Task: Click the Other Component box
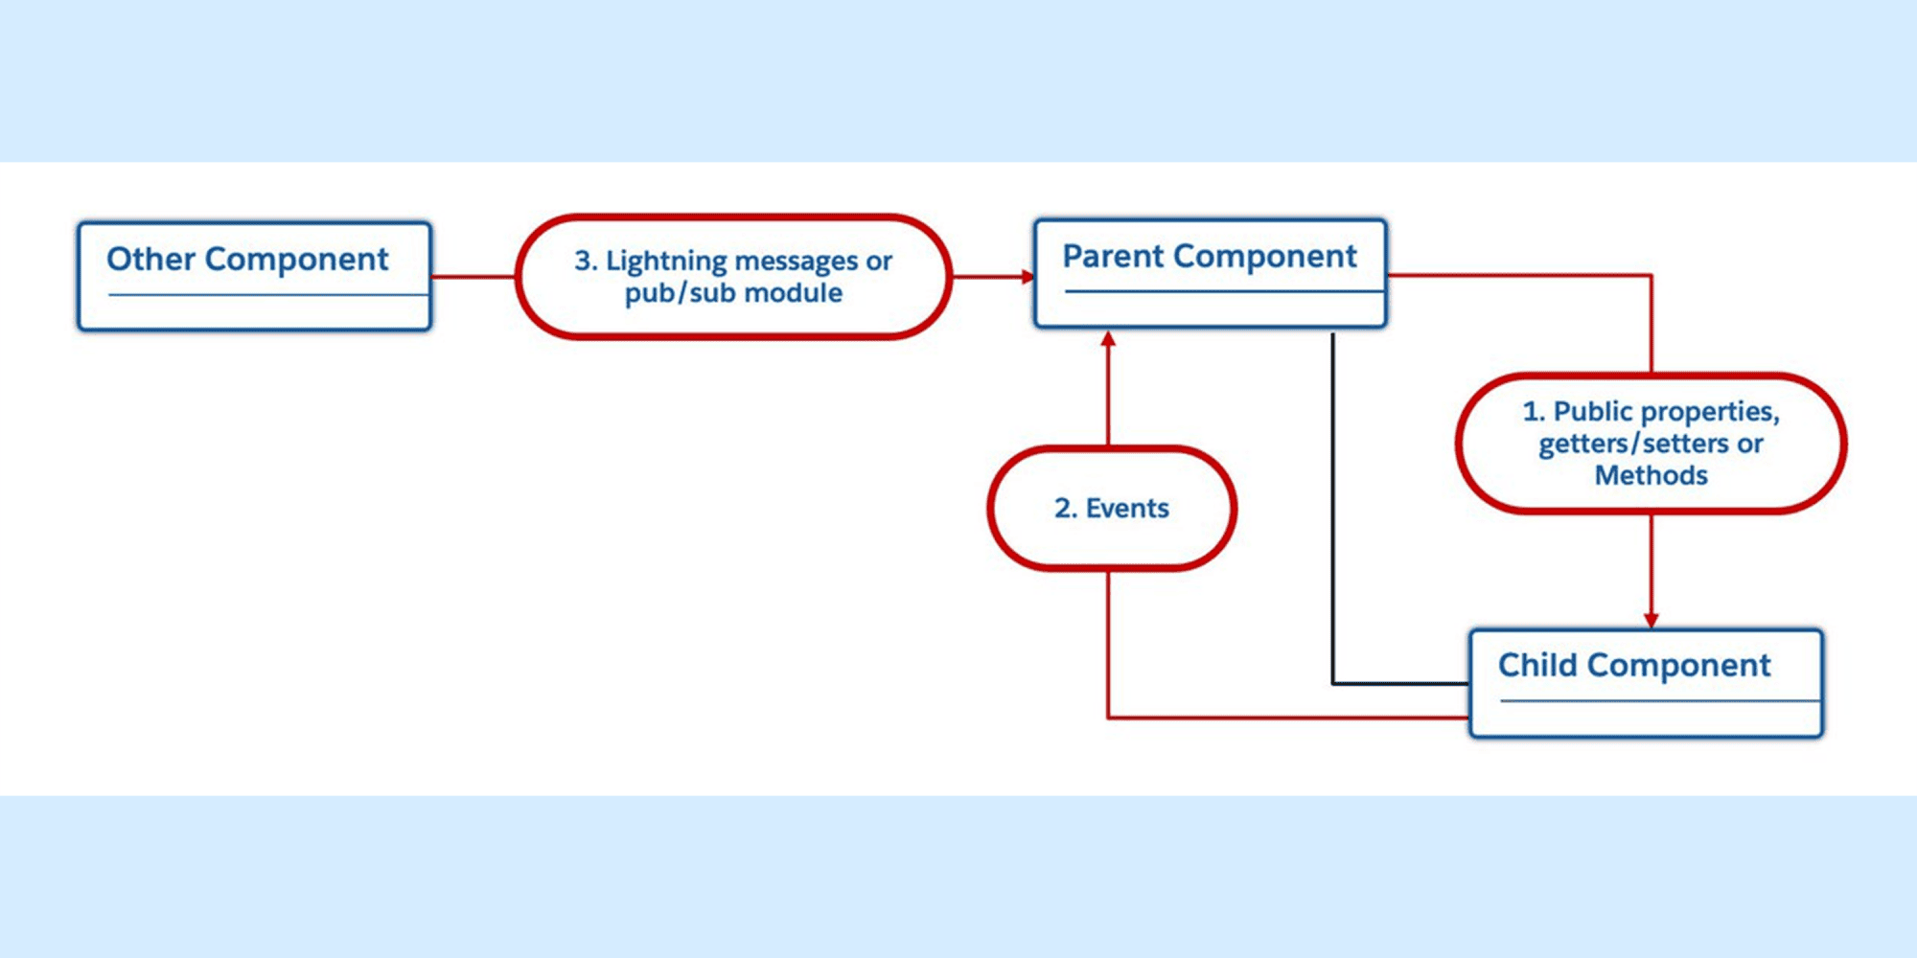coord(254,276)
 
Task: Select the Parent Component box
coord(1210,273)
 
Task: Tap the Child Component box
coord(1646,683)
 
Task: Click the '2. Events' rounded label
coord(1112,508)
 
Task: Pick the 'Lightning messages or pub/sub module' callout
coord(733,276)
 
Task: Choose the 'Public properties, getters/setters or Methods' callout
coord(1651,443)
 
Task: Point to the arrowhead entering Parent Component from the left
coord(1028,277)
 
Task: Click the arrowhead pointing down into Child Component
coord(1651,621)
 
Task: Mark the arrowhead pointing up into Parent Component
coord(1108,338)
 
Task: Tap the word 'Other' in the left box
coord(150,259)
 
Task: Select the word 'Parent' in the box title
coord(1114,256)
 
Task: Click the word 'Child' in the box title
coord(1537,664)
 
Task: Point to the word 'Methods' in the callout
coord(1651,475)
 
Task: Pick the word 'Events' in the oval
coord(1127,508)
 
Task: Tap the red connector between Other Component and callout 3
coord(473,277)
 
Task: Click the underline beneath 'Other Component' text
coord(268,295)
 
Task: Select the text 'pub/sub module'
coord(733,293)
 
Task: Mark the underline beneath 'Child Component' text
coord(1660,701)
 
